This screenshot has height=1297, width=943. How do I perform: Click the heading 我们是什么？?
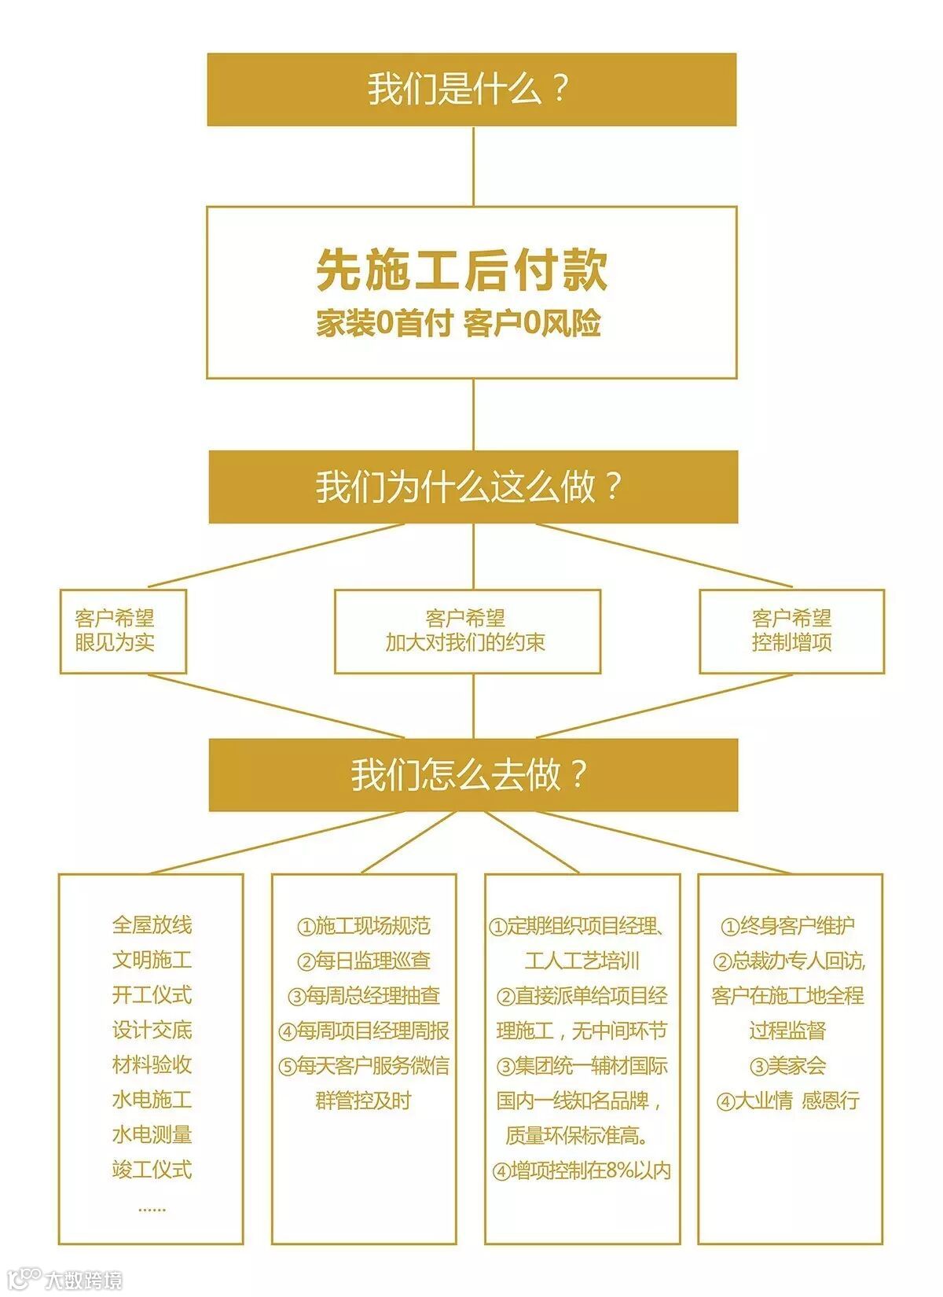pos(471,89)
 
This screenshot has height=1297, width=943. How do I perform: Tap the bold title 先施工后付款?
pos(462,270)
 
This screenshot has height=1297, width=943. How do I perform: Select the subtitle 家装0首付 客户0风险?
pos(459,323)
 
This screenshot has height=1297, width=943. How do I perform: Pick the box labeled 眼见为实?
pos(123,631)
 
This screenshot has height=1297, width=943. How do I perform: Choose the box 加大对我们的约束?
pos(467,631)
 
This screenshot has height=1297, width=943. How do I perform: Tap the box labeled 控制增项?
pos(791,631)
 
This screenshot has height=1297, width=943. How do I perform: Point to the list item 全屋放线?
pos(152,925)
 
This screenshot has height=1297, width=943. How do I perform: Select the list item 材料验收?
pos(152,1065)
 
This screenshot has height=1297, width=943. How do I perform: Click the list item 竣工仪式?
pos(152,1170)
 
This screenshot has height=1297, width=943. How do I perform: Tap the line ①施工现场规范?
pos(364,926)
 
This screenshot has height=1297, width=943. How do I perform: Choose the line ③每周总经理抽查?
pos(364,996)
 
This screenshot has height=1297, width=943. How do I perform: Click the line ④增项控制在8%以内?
pos(582,1170)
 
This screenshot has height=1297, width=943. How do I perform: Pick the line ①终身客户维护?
pos(788,926)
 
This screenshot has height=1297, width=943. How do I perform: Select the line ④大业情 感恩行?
pos(788,1100)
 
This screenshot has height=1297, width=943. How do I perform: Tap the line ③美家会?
pos(788,1066)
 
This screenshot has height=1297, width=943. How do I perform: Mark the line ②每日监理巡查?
pos(364,961)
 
